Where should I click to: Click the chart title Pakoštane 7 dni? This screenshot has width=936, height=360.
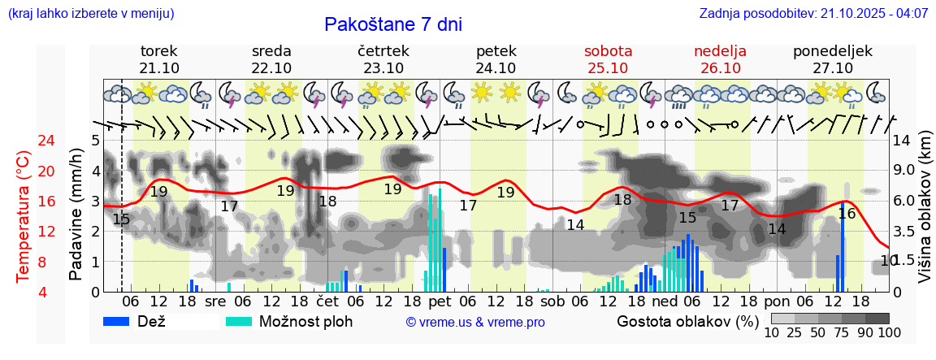(393, 24)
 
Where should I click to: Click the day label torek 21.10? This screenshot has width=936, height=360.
(159, 59)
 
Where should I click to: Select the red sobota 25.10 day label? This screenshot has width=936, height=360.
(608, 59)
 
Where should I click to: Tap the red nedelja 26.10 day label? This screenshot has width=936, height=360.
(720, 59)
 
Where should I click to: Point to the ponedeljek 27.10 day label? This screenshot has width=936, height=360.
(833, 59)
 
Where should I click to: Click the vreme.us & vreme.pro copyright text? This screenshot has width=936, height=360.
(475, 322)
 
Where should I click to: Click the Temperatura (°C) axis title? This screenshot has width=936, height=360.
(23, 216)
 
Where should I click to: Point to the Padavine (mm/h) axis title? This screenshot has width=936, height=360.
(76, 215)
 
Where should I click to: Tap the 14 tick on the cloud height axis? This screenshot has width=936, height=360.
(903, 141)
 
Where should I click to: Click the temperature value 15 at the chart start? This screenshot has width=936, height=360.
(121, 219)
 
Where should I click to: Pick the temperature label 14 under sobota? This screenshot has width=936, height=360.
(576, 225)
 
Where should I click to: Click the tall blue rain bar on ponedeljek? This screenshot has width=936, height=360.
(843, 252)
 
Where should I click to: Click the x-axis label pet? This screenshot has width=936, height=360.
(439, 301)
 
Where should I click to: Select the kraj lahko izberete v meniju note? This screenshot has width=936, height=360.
(90, 14)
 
